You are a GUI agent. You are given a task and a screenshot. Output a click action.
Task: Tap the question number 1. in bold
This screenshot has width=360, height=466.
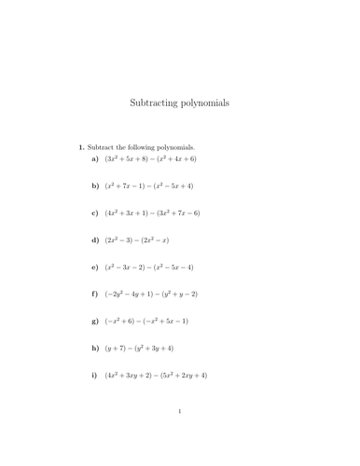[x=82, y=146]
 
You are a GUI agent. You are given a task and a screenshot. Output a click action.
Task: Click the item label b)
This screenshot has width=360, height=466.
[x=95, y=186]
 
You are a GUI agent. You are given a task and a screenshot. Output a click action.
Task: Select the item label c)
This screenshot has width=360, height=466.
[x=95, y=213]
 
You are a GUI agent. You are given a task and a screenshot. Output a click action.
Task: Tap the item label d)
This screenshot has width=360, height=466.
[x=95, y=240]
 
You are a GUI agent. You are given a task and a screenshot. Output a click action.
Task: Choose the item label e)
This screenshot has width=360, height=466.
[x=95, y=267]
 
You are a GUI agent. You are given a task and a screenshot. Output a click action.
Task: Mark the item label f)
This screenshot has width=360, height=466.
[x=95, y=295]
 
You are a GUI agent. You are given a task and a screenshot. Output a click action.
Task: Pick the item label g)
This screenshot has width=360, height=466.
[x=95, y=322]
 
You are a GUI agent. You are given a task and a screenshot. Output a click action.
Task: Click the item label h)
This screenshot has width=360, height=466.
[x=95, y=349]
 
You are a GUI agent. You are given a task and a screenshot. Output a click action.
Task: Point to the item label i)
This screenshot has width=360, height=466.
[x=95, y=376]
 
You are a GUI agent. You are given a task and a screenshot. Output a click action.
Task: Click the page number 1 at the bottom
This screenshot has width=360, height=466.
[x=180, y=435]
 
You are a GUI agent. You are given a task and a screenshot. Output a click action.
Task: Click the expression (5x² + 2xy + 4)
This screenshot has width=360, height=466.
[x=181, y=376]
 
